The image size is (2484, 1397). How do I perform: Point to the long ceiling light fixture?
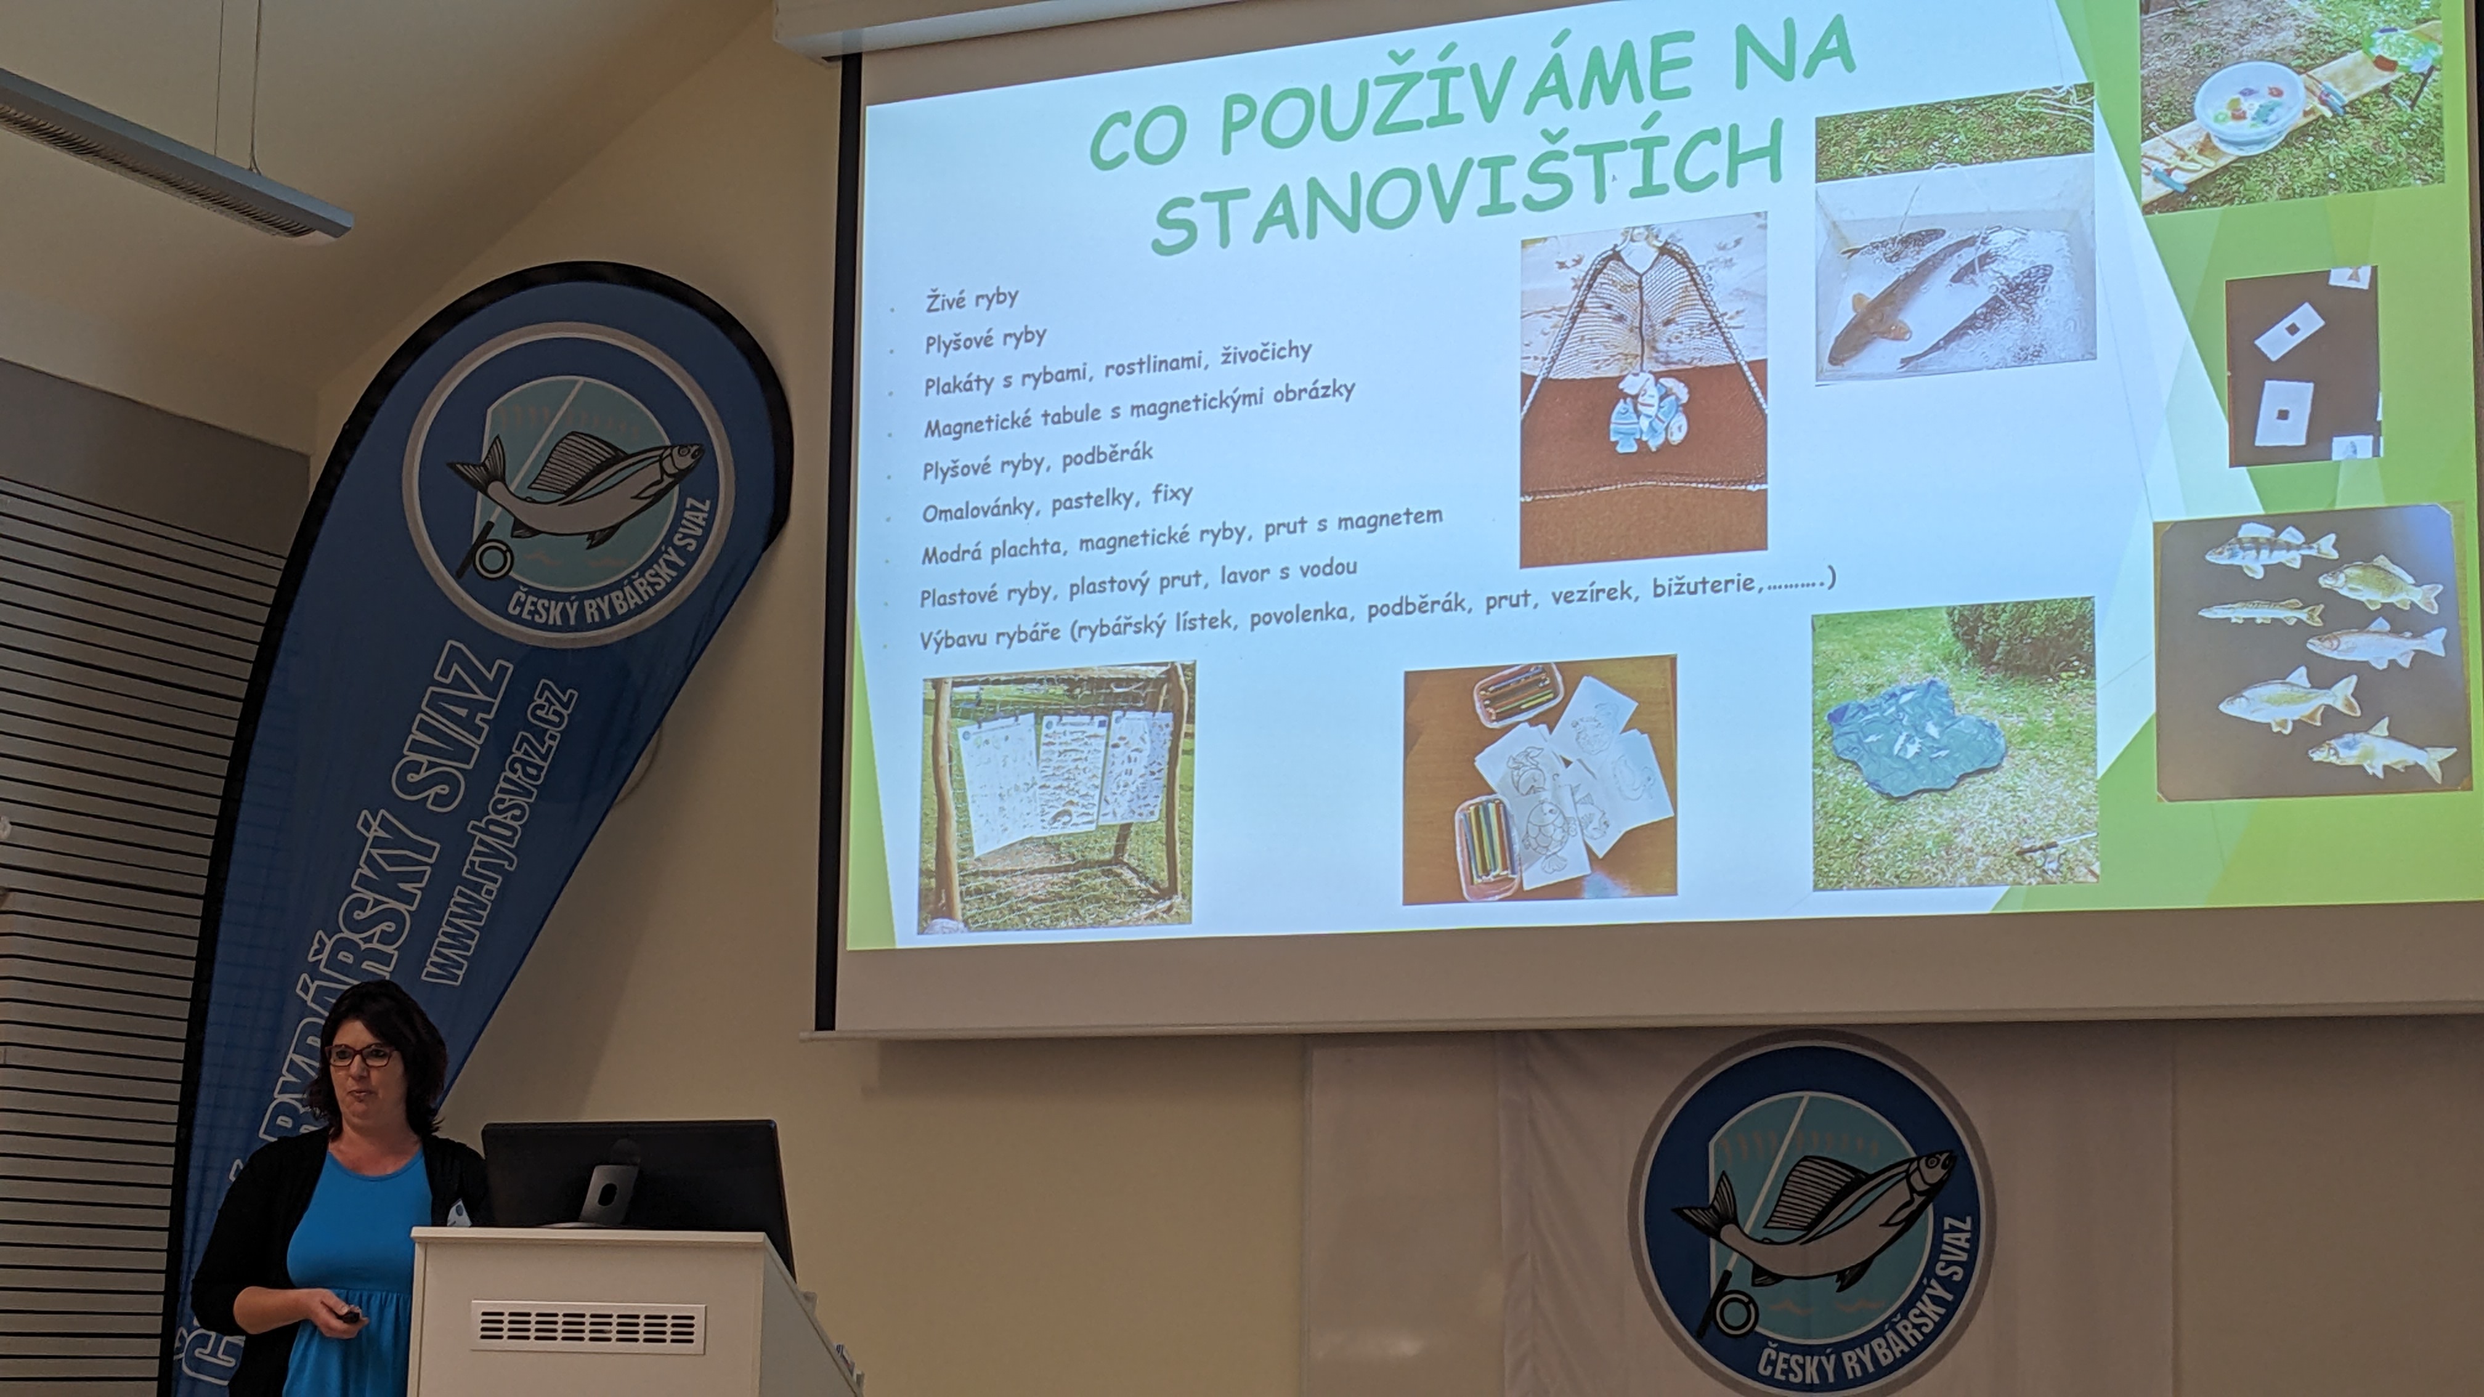click(174, 150)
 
